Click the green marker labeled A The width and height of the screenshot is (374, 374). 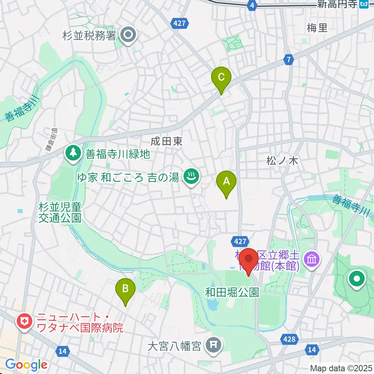click(x=226, y=182)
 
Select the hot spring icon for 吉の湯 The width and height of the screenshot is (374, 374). click(x=191, y=177)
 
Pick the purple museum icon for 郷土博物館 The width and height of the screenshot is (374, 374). click(x=312, y=258)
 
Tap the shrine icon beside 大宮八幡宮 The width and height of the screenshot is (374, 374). click(x=213, y=344)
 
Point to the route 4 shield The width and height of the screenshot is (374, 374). click(x=253, y=5)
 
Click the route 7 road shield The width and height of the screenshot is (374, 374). click(x=288, y=60)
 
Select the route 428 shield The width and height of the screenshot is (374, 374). click(x=289, y=339)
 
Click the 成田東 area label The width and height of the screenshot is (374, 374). click(x=167, y=141)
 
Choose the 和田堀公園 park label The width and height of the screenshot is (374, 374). click(x=233, y=292)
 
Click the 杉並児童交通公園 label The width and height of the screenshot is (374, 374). click(x=60, y=212)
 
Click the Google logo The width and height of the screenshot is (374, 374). click(x=26, y=365)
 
